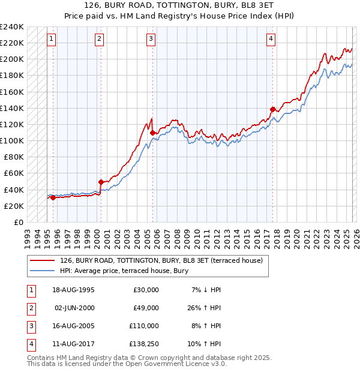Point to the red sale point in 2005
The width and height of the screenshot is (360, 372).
[x=153, y=133]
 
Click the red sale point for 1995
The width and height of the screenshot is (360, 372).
[x=53, y=197]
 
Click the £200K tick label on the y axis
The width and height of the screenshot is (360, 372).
[x=13, y=59]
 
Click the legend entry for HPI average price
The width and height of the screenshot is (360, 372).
[x=124, y=271]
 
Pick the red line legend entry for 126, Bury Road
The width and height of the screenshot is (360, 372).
[x=161, y=260]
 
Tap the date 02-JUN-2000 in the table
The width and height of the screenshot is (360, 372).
[x=74, y=308]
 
